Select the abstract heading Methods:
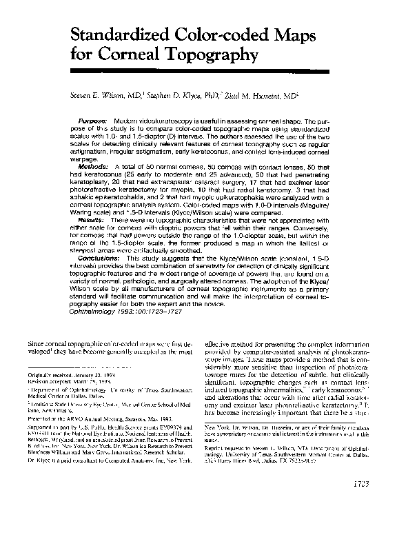pos(94,168)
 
